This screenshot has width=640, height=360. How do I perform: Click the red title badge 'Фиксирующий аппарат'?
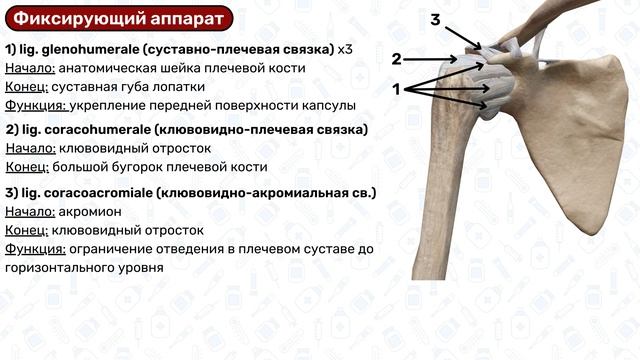pyautogui.click(x=118, y=19)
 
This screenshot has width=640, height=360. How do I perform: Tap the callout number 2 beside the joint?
pyautogui.click(x=397, y=59)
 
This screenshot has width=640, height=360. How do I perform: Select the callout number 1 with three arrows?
pyautogui.click(x=397, y=89)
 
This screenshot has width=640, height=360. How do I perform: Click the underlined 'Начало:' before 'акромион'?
pyautogui.click(x=30, y=211)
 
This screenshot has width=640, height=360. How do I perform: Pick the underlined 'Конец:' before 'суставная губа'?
pyautogui.click(x=27, y=87)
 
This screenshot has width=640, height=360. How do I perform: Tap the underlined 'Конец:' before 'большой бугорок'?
pyautogui.click(x=27, y=166)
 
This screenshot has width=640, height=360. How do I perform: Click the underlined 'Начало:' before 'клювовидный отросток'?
pyautogui.click(x=30, y=148)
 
